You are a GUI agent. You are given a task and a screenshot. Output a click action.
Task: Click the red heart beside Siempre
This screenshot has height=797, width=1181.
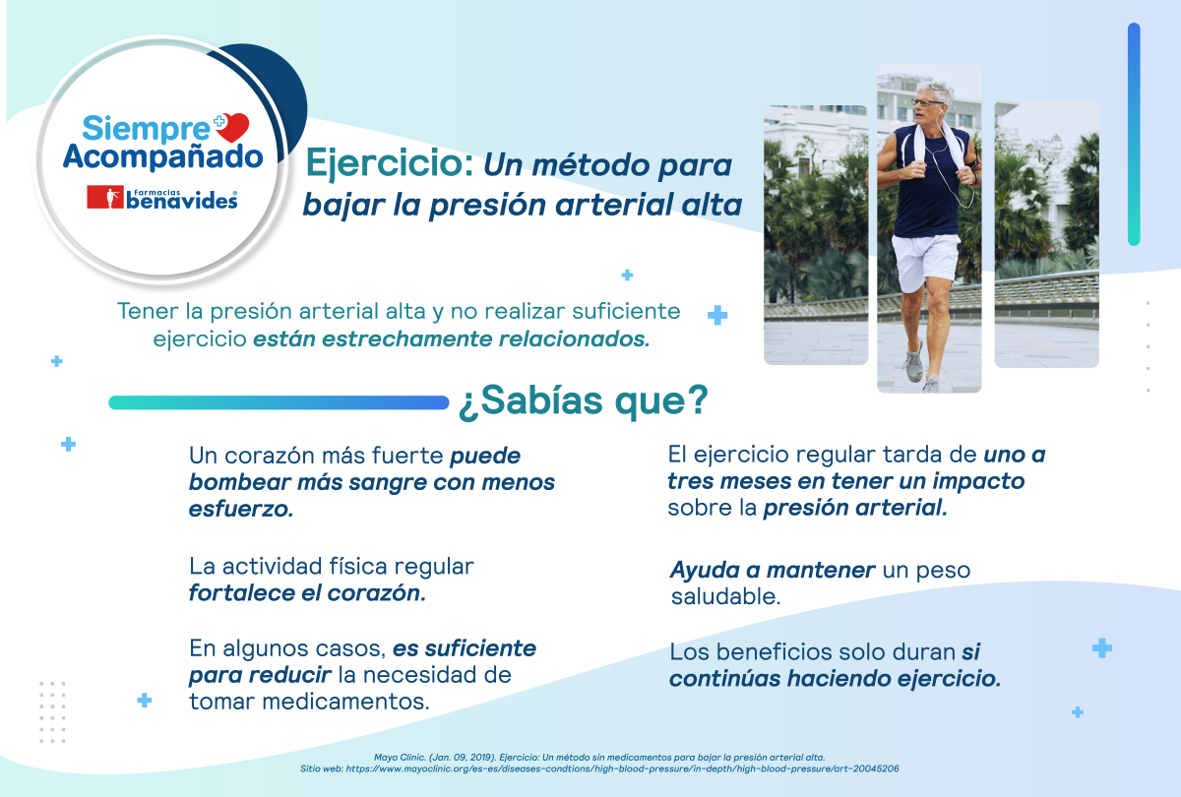[x=233, y=127]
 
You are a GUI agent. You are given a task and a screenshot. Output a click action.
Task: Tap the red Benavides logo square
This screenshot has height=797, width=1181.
[x=105, y=197]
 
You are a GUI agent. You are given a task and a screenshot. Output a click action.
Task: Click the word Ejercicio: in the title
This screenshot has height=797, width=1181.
[x=390, y=162]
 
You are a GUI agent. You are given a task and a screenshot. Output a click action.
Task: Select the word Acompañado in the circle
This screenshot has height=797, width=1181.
[x=163, y=156]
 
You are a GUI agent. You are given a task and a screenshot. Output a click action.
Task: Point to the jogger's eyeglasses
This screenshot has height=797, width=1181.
[x=926, y=102]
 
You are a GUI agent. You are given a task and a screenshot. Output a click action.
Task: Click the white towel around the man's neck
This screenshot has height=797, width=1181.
[x=934, y=144]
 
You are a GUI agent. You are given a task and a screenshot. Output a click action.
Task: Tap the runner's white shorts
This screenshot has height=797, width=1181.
[x=924, y=262]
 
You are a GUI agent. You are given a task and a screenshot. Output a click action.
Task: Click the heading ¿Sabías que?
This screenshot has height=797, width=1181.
[x=583, y=401]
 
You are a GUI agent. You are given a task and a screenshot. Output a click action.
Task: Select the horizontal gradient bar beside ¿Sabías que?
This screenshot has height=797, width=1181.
[x=279, y=402]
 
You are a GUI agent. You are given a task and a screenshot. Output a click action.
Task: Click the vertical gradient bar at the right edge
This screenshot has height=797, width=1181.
[x=1134, y=134]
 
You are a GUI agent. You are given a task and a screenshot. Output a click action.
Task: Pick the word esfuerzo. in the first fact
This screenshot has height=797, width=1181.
[x=241, y=510]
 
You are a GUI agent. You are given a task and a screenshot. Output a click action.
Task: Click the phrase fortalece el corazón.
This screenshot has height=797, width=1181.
[x=307, y=593]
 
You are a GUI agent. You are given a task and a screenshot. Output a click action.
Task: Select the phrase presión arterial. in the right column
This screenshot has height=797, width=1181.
[x=855, y=508]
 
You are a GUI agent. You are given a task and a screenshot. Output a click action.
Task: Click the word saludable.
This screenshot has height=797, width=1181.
[x=726, y=596]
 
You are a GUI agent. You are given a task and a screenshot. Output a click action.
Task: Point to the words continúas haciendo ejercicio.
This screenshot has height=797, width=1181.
[x=836, y=679]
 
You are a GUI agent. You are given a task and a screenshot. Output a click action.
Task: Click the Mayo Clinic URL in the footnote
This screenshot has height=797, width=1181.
[x=622, y=769]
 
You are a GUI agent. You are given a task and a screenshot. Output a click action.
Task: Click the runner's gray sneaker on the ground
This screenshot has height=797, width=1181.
[x=913, y=364]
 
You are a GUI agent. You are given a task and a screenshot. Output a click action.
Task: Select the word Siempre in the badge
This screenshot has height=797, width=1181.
[x=146, y=128]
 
